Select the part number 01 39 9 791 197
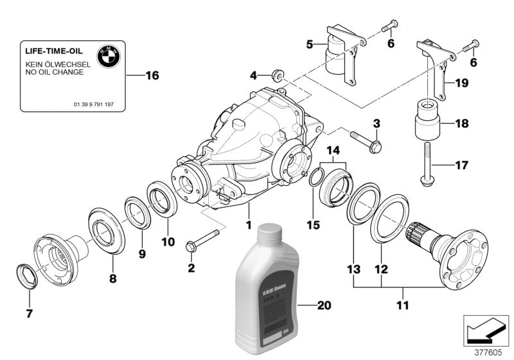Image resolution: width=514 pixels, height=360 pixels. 93,104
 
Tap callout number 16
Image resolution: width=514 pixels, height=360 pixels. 151,76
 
